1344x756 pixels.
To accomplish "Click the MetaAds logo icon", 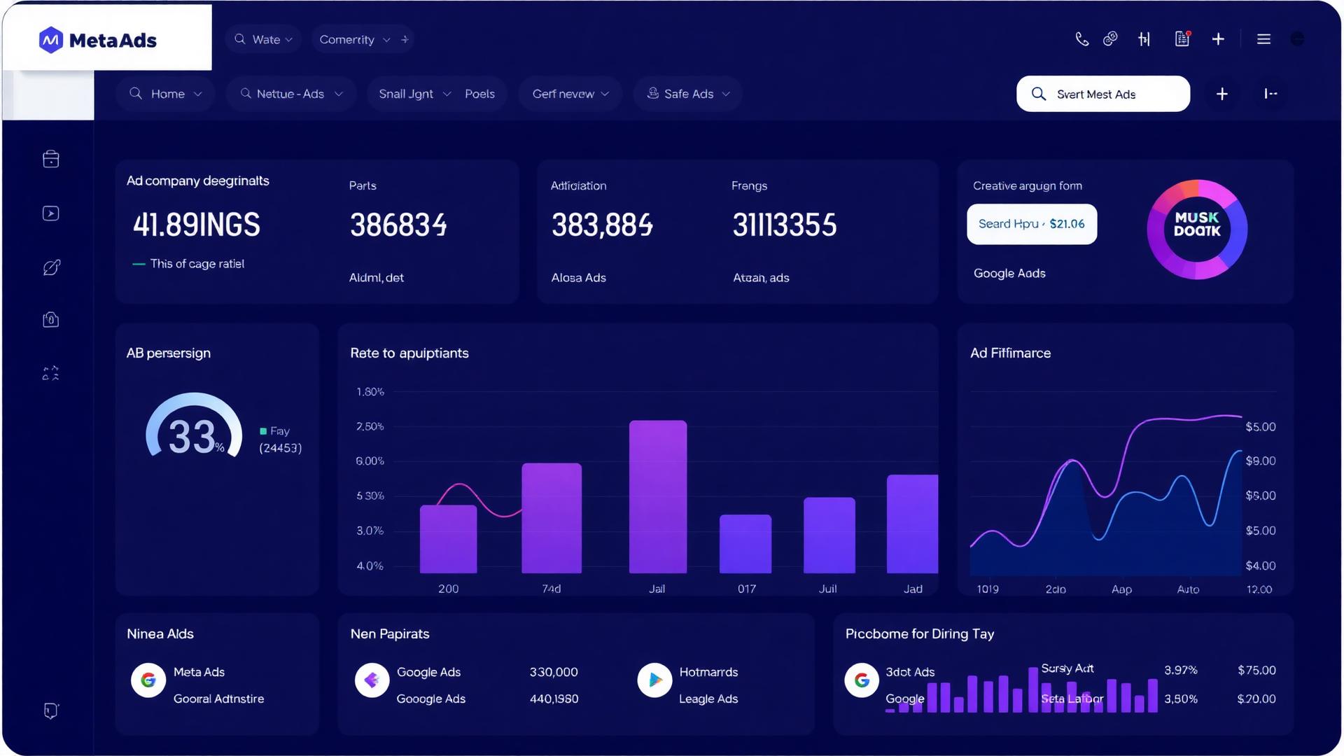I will (x=50, y=40).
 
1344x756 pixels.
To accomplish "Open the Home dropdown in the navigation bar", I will (x=167, y=94).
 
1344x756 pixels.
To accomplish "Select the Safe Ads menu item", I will (x=688, y=94).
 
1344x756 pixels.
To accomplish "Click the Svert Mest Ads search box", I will (x=1102, y=94).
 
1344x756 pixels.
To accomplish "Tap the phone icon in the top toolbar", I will (x=1081, y=39).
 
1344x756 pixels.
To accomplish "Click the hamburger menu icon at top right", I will (x=1263, y=39).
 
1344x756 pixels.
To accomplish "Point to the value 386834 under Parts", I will (x=398, y=225).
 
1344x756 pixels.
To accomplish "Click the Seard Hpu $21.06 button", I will (x=1031, y=224).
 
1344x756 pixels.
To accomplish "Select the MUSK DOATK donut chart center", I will (x=1197, y=225).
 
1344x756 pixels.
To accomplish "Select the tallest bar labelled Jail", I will (x=657, y=496).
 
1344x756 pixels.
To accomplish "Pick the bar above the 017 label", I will (x=745, y=544).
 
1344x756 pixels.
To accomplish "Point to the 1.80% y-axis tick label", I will (x=370, y=392).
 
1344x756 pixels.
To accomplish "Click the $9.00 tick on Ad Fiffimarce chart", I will (x=1260, y=461).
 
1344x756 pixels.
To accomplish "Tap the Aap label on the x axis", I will (x=1121, y=589).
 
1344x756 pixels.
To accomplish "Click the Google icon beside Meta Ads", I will (x=148, y=680).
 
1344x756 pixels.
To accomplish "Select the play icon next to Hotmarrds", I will (x=654, y=680).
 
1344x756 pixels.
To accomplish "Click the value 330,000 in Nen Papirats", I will (x=554, y=672).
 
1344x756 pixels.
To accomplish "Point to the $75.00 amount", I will (x=1256, y=670).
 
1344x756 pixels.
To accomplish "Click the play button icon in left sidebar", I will (x=51, y=213).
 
